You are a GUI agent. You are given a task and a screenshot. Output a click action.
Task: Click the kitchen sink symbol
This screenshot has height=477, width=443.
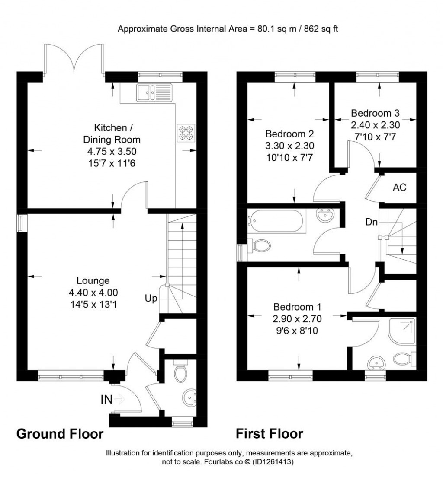pyautogui.click(x=154, y=92)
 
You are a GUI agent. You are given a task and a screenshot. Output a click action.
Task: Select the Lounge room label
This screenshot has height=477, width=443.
pyautogui.click(x=90, y=280)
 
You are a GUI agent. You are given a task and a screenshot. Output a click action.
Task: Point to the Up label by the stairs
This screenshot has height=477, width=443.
pyautogui.click(x=151, y=298)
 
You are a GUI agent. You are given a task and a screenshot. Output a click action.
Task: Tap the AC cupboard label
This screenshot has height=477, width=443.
pyautogui.click(x=399, y=188)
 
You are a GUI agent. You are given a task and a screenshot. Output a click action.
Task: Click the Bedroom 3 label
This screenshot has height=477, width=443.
pyautogui.click(x=375, y=114)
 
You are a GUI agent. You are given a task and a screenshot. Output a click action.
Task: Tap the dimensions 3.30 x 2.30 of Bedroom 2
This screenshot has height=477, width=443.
pyautogui.click(x=289, y=146)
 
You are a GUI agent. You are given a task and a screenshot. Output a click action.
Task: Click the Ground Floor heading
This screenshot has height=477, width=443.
pyautogui.click(x=60, y=433)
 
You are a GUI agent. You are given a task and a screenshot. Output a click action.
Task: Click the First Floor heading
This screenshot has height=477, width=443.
pyautogui.click(x=269, y=433)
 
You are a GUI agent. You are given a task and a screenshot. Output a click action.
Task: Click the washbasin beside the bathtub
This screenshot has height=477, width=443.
pyautogui.click(x=324, y=215)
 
